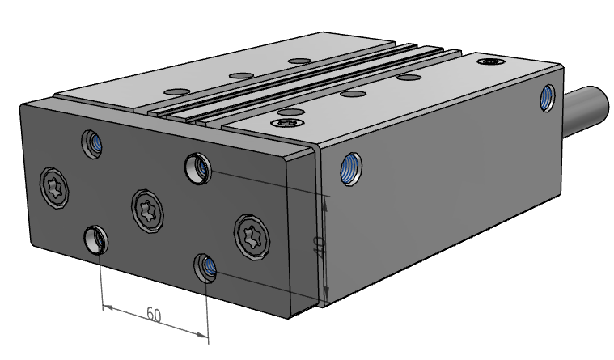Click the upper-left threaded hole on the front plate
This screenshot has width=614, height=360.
[x=93, y=144]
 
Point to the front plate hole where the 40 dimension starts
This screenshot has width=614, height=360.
[x=197, y=167]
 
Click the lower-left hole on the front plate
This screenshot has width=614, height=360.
[x=96, y=239]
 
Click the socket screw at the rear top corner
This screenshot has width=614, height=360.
[x=491, y=61]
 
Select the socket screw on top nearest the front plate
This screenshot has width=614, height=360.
[x=286, y=123]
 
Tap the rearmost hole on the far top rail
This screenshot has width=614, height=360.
[x=300, y=61]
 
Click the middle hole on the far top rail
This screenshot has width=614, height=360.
[x=239, y=75]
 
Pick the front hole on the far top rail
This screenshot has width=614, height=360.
[x=174, y=91]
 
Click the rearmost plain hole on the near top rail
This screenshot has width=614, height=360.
[x=410, y=78]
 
